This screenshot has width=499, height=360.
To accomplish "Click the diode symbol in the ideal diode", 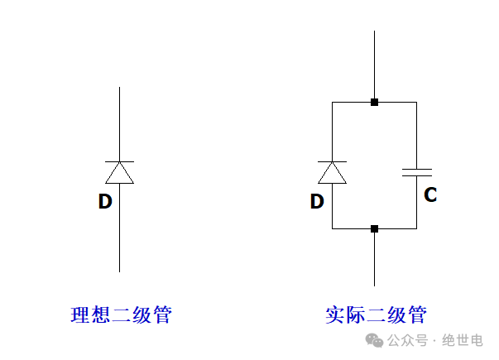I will pyautogui.click(x=120, y=171).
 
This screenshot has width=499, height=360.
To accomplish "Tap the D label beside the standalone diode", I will pyautogui.click(x=104, y=200).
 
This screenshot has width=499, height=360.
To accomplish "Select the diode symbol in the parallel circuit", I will pyautogui.click(x=332, y=171).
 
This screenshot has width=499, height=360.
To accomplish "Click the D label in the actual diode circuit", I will pyautogui.click(x=316, y=200).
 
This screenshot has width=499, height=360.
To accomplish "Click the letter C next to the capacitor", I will pyautogui.click(x=430, y=195).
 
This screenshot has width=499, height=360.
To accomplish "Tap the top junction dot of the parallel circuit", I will pyautogui.click(x=374, y=103).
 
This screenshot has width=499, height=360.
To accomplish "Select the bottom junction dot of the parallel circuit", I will pyautogui.click(x=374, y=228).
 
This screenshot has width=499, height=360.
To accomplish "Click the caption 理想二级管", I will pyautogui.click(x=121, y=315).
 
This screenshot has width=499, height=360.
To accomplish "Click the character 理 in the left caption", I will pyautogui.click(x=81, y=315).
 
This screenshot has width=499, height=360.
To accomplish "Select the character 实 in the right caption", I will pyautogui.click(x=335, y=315).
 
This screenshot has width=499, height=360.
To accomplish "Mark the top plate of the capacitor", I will pyautogui.click(x=416, y=168).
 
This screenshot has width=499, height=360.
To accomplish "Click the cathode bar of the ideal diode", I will pyautogui.click(x=120, y=161).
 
